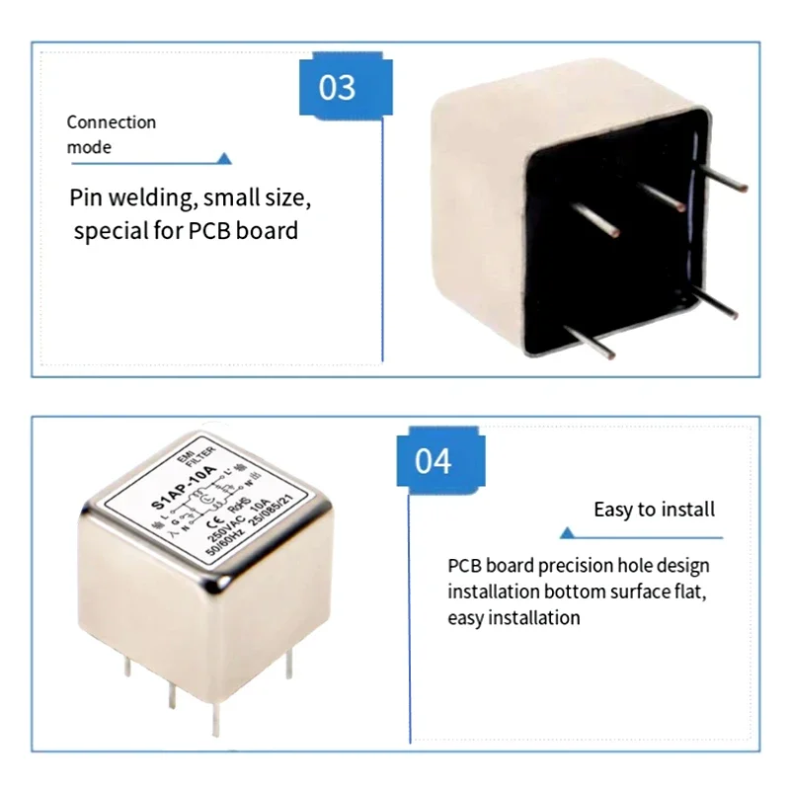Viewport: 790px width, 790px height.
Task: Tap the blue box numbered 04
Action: click(x=433, y=460)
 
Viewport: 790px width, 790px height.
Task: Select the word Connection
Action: click(x=112, y=122)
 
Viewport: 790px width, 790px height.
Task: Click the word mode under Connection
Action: click(x=89, y=148)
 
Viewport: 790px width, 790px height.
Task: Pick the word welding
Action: click(x=152, y=197)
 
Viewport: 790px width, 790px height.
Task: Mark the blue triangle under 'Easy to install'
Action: click(x=567, y=533)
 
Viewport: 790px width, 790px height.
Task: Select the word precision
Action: click(x=582, y=567)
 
